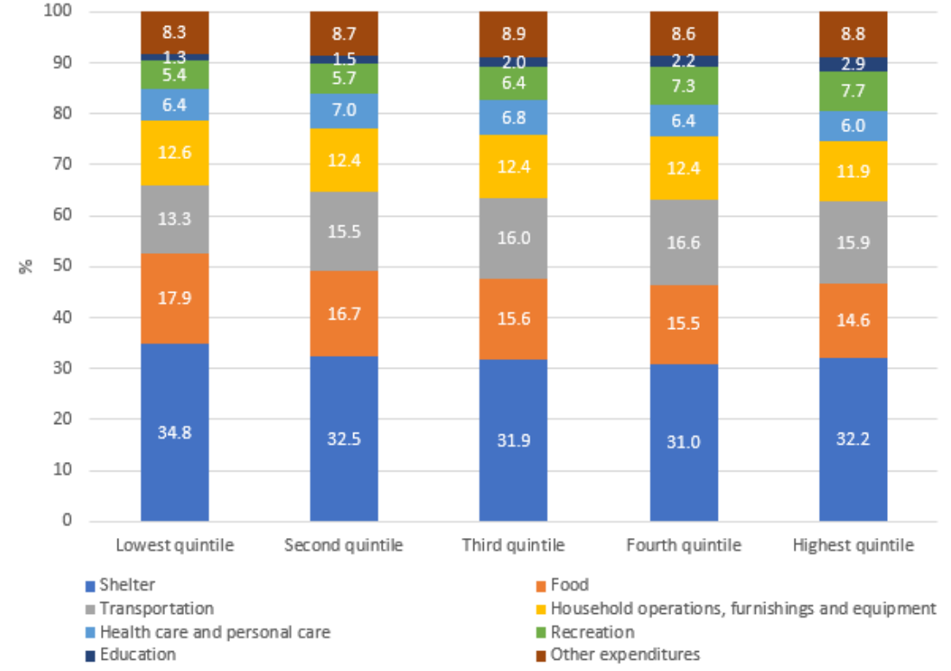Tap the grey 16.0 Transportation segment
click(x=513, y=238)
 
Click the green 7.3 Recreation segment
click(x=683, y=86)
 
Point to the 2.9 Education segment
click(x=853, y=64)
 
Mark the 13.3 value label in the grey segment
click(x=174, y=219)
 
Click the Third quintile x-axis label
click(x=513, y=546)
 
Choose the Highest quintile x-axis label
click(x=853, y=546)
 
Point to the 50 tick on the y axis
click(x=66, y=266)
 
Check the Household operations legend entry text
click(x=743, y=609)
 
